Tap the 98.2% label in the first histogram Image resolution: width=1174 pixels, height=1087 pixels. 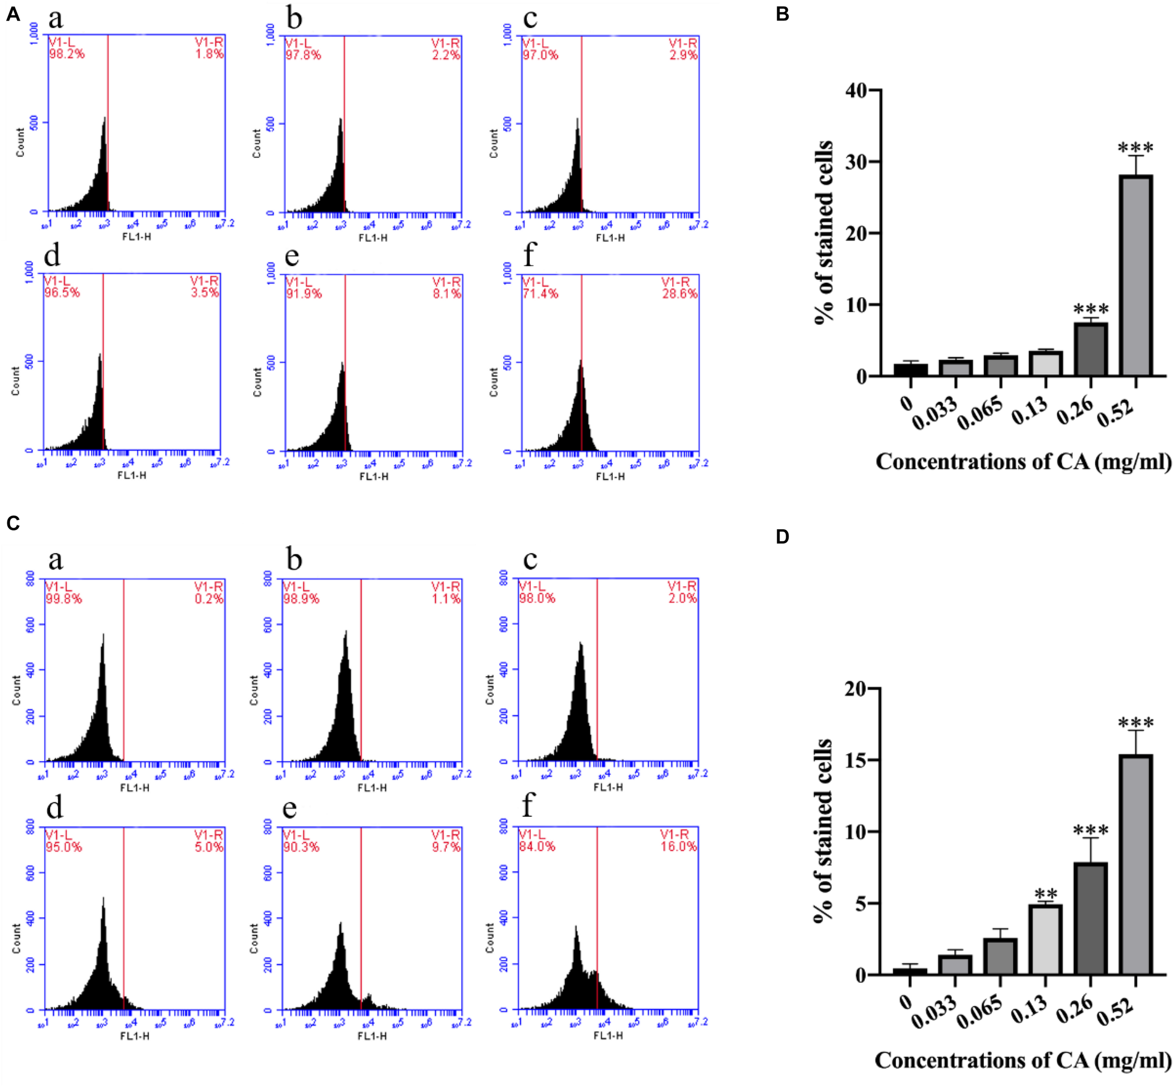pos(67,54)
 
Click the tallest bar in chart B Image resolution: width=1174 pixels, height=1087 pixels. pos(1135,275)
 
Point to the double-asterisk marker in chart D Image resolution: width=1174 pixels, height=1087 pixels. pos(1045,894)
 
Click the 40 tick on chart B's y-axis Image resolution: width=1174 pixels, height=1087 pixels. pos(855,91)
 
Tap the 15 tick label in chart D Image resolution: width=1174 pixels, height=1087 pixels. pos(855,760)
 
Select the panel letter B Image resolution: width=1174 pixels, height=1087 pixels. pos(782,14)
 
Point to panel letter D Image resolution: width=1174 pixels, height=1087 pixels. pos(782,536)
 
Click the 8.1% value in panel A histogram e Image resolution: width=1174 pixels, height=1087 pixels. pos(447,293)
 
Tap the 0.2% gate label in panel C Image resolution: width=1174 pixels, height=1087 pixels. pos(209,599)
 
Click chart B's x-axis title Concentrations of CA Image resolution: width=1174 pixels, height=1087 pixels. pos(1023,462)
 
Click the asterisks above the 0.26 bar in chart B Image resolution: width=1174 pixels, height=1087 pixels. pos(1090,309)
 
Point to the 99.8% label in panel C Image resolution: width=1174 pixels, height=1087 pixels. pos(63,599)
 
